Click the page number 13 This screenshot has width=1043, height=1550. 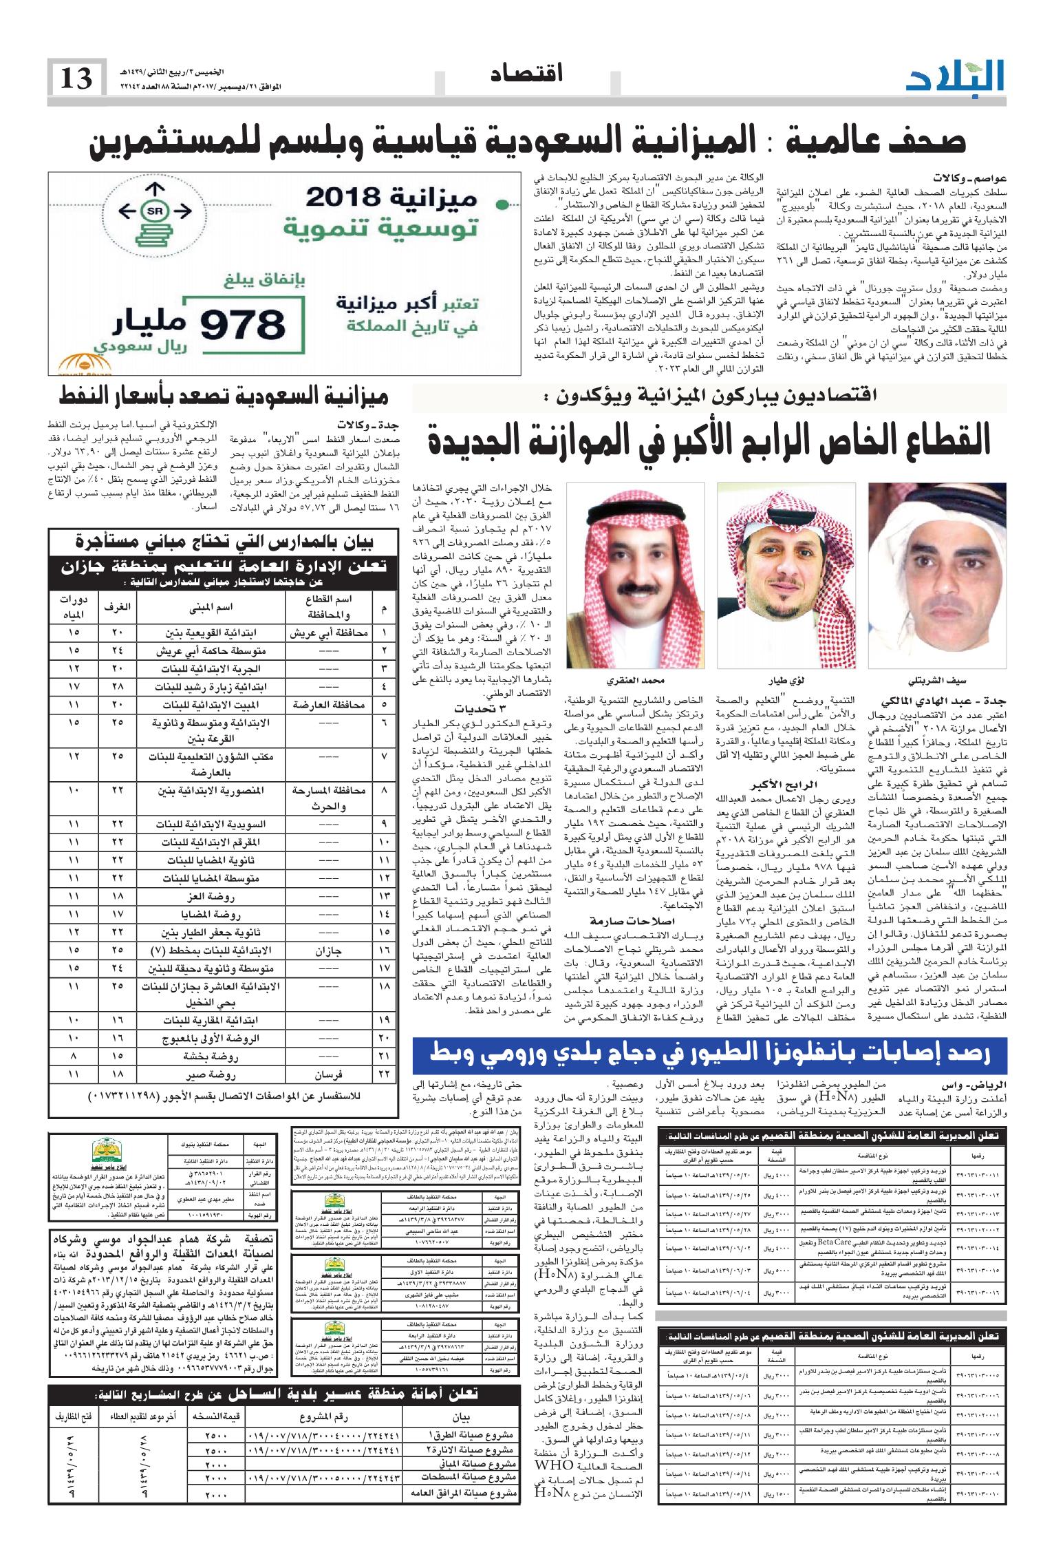[x=76, y=78]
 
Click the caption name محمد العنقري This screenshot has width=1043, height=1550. [x=635, y=681]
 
